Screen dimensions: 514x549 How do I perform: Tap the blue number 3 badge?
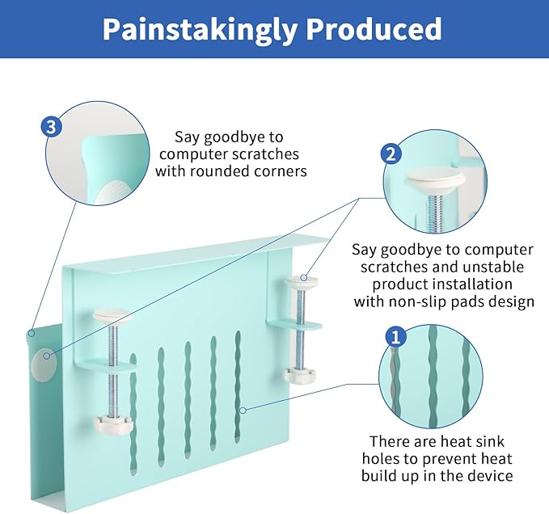pos(50,127)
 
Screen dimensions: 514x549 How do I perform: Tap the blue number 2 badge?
pos(391,154)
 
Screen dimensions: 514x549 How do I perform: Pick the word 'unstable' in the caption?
pos(495,267)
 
